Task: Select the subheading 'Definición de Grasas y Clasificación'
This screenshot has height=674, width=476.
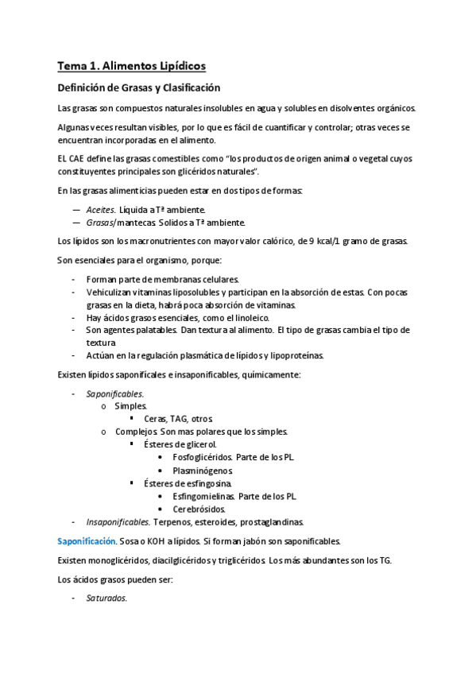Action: click(x=139, y=88)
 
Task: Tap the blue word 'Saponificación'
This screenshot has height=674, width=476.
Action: click(x=86, y=541)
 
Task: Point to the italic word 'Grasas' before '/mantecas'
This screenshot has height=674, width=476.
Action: click(x=100, y=223)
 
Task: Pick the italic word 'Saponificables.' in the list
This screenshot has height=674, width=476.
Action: click(x=115, y=393)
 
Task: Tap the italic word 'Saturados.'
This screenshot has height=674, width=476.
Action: click(x=106, y=598)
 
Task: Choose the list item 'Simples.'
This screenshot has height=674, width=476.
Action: click(x=131, y=406)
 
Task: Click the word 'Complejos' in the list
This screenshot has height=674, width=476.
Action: click(x=133, y=432)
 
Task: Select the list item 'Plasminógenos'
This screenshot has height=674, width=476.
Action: click(x=203, y=471)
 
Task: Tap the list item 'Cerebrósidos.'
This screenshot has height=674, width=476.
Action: click(x=199, y=509)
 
